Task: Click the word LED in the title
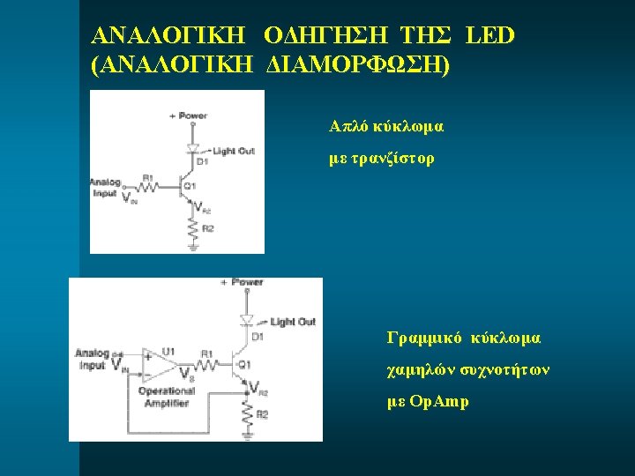[x=489, y=36]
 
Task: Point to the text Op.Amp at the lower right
[x=440, y=402]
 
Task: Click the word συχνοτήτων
[x=503, y=370]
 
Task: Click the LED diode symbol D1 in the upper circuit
[x=192, y=148]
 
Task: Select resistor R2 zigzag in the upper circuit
[x=192, y=228]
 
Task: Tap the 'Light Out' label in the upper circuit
[x=233, y=151]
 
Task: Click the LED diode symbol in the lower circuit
[x=247, y=320]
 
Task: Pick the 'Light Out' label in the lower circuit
[x=292, y=322]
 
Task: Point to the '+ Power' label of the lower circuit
[x=242, y=282]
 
